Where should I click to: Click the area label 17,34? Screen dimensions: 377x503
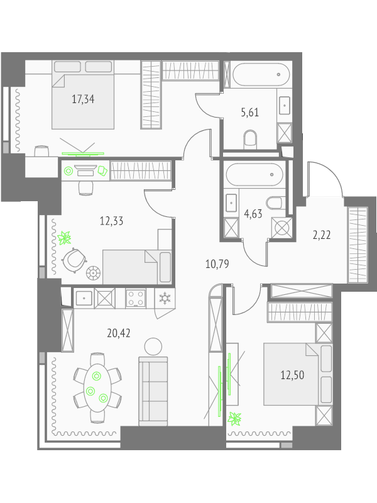pyautogui.click(x=83, y=99)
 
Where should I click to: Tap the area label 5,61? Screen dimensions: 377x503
pyautogui.click(x=249, y=113)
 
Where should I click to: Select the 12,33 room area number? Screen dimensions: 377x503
pyautogui.click(x=112, y=221)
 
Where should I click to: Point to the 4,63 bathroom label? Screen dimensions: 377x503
pyautogui.click(x=253, y=214)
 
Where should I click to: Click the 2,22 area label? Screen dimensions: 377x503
pyautogui.click(x=322, y=235)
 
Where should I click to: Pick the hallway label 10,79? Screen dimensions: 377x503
pyautogui.click(x=217, y=264)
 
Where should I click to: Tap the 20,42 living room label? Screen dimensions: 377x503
pyautogui.click(x=119, y=333)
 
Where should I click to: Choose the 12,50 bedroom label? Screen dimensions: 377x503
pyautogui.click(x=292, y=375)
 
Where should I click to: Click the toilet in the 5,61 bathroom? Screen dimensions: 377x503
pyautogui.click(x=250, y=140)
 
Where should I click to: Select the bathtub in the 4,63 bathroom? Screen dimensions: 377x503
pyautogui.click(x=254, y=175)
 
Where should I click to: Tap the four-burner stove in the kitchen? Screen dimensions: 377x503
pyautogui.click(x=136, y=298)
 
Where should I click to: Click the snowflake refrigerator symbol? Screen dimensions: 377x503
pyautogui.click(x=165, y=298)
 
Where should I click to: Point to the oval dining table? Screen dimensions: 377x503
pyautogui.click(x=97, y=387)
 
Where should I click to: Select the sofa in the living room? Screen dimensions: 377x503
pyautogui.click(x=153, y=391)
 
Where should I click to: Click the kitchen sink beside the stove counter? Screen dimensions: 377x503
pyautogui.click(x=84, y=298)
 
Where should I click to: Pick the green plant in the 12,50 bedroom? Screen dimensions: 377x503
pyautogui.click(x=234, y=419)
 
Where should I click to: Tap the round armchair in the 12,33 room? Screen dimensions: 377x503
pyautogui.click(x=74, y=260)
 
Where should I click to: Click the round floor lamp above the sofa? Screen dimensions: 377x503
pyautogui.click(x=153, y=346)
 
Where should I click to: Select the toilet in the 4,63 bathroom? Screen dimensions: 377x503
pyautogui.click(x=274, y=203)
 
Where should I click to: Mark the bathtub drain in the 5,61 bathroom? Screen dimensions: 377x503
pyautogui.click(x=278, y=74)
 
